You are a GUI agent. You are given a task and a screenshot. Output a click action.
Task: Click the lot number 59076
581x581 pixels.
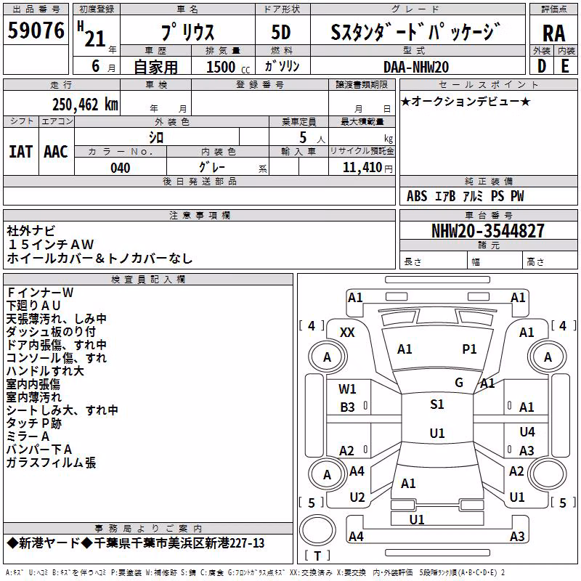click(36, 31)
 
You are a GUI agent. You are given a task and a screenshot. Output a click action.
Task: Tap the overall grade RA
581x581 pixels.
click(554, 33)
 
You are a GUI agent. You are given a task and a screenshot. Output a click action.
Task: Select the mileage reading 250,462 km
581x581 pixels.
click(85, 105)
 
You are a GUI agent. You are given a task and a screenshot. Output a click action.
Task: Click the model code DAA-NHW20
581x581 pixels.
click(416, 67)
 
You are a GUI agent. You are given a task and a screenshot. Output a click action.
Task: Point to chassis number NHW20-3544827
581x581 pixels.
click(488, 231)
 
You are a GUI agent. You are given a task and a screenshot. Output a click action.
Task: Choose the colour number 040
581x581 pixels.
click(121, 168)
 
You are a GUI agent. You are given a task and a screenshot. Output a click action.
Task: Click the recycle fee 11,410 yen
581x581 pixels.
click(367, 168)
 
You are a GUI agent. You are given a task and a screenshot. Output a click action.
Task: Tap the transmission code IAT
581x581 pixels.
click(20, 152)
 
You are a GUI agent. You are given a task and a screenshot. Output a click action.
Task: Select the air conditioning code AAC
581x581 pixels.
click(56, 152)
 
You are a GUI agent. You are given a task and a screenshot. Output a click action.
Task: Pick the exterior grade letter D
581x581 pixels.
click(542, 66)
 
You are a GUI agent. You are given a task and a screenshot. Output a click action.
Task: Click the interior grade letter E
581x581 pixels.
click(565, 66)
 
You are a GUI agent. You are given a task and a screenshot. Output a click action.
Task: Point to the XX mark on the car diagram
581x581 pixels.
click(347, 333)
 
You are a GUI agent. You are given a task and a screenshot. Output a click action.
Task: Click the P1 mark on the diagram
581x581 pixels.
click(469, 349)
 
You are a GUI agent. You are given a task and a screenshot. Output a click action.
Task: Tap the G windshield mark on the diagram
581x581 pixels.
click(459, 383)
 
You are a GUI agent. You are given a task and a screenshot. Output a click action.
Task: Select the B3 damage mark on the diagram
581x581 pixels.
click(347, 407)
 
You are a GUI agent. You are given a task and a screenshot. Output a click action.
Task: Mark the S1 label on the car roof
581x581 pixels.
click(437, 405)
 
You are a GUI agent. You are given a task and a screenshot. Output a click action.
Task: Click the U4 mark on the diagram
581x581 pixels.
click(527, 431)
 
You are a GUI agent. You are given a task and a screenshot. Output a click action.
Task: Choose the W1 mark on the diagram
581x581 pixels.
click(347, 389)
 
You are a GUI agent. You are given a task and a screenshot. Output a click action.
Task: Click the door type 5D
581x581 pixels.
click(281, 33)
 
